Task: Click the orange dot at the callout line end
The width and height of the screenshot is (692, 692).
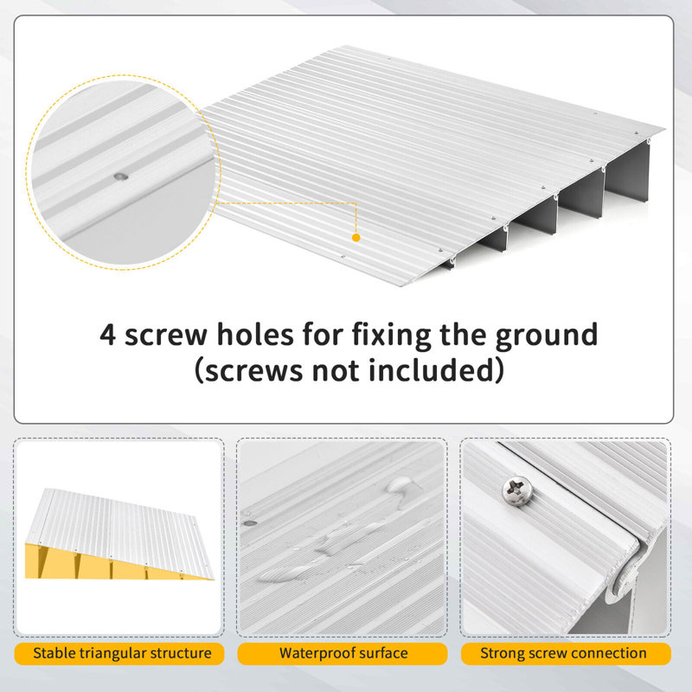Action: tap(356, 236)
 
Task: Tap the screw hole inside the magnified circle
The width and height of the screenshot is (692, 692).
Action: tap(119, 176)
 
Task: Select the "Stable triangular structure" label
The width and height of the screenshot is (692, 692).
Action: tap(122, 654)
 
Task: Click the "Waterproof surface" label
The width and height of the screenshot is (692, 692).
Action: tap(343, 654)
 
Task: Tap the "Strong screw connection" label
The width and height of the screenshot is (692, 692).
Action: tap(564, 654)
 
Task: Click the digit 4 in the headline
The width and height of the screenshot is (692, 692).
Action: tap(108, 334)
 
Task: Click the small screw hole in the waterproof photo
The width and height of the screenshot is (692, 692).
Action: tap(250, 522)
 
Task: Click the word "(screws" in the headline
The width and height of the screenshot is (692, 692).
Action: tap(247, 371)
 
